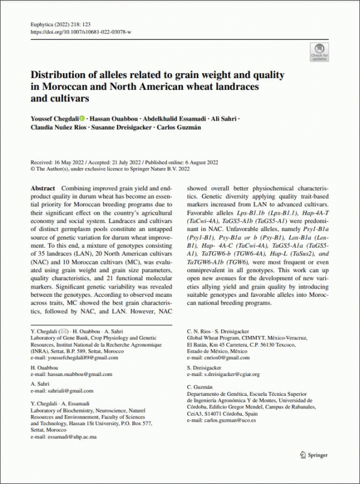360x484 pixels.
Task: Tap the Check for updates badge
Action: (319, 52)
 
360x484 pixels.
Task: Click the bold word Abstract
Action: (43, 188)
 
